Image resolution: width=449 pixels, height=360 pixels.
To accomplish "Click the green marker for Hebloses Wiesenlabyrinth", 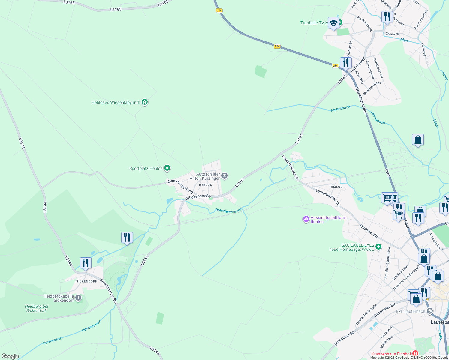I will (x=145, y=102).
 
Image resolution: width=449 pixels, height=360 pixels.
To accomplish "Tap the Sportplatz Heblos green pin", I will (x=167, y=168).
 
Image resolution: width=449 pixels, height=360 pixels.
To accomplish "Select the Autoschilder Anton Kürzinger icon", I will (x=224, y=175).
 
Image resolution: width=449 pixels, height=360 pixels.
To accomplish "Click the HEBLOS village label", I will (x=205, y=185).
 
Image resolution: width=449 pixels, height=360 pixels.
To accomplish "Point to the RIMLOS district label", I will (x=336, y=187).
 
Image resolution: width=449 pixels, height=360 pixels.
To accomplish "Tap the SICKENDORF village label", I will (x=86, y=281).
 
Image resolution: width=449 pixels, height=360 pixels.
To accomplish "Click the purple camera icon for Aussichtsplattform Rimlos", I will (x=306, y=219).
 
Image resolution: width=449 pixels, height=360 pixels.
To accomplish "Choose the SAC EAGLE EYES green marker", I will (x=378, y=247).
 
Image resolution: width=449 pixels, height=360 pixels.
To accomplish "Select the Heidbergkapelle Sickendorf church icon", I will (x=78, y=298).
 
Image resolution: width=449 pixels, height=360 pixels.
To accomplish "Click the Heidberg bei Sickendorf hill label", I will (x=36, y=308).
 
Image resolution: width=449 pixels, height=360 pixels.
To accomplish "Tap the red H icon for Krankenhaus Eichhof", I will (x=415, y=354).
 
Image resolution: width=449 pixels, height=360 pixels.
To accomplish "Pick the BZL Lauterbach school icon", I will (x=429, y=311).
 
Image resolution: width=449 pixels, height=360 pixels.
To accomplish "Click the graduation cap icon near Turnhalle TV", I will (x=333, y=23).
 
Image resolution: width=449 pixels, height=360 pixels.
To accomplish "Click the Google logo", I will (x=10, y=356).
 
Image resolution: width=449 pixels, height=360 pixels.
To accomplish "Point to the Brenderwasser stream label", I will (x=228, y=211).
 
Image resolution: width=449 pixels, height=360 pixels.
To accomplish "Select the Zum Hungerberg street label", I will (x=180, y=186).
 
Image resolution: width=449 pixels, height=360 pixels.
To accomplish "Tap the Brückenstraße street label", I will (x=198, y=197).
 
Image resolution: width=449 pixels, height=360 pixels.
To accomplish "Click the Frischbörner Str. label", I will (x=108, y=291).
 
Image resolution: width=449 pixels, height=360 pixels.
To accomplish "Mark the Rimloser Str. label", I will (x=369, y=232).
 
